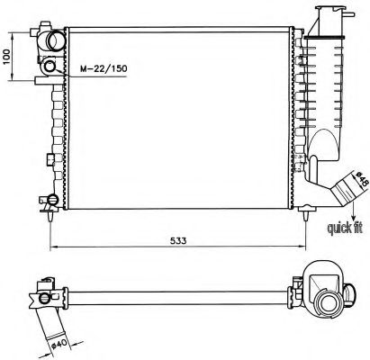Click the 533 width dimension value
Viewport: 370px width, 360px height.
(178, 240)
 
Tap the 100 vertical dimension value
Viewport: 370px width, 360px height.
(6, 57)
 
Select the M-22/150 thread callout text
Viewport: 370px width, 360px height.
(104, 68)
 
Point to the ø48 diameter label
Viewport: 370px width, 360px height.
(361, 179)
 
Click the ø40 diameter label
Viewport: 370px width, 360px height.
(59, 344)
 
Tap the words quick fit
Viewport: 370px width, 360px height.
(345, 229)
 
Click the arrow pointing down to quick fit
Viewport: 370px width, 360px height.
(354, 211)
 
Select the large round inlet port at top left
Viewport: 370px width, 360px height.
(56, 40)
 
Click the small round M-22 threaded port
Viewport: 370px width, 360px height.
(50, 67)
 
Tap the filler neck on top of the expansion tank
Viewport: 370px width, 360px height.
(329, 21)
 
